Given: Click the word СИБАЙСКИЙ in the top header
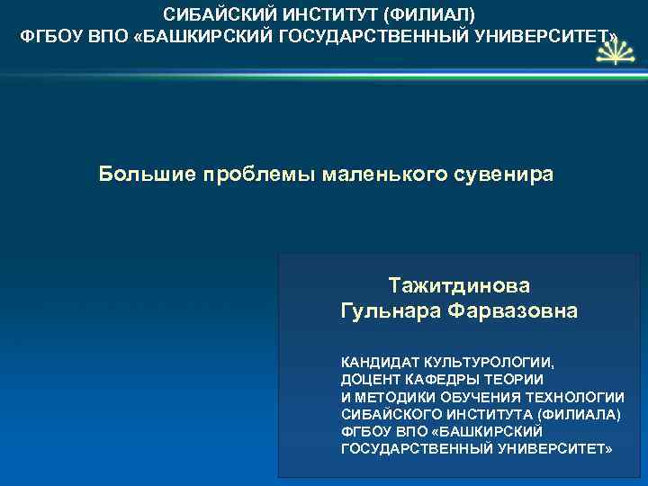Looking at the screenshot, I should pos(209,15).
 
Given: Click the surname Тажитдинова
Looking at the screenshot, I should pos(460,285).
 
